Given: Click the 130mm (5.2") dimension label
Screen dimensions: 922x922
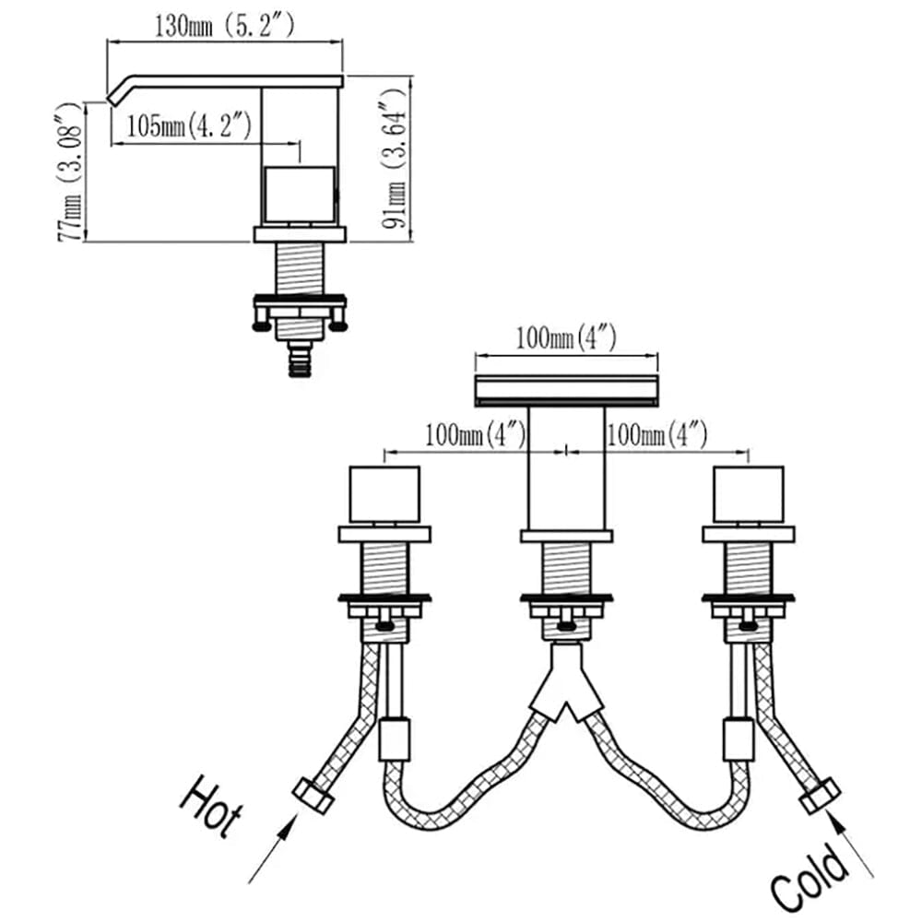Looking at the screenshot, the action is (224, 26).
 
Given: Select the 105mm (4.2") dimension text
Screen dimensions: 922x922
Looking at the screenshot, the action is (189, 125).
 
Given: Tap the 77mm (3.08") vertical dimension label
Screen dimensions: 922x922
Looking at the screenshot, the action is (69, 171).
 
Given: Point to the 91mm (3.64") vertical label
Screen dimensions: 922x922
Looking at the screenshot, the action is (394, 159).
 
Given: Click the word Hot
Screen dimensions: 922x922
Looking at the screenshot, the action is (211, 806).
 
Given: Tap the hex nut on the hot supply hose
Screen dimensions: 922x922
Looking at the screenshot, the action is (313, 796).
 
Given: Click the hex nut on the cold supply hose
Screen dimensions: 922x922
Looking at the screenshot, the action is (820, 796).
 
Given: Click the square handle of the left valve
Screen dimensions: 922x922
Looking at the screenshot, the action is (384, 494).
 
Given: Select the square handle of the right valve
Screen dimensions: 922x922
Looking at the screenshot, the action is (749, 494).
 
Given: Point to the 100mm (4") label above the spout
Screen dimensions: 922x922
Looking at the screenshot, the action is (566, 338).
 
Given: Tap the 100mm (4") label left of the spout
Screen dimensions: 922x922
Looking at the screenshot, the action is (475, 436).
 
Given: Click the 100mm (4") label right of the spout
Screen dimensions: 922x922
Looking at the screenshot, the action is (656, 436).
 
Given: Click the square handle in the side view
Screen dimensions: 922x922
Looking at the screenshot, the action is (300, 195).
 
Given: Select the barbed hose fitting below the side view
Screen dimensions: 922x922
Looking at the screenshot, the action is (300, 359).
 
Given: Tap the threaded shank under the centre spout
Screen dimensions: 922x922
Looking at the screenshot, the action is (566, 567).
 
